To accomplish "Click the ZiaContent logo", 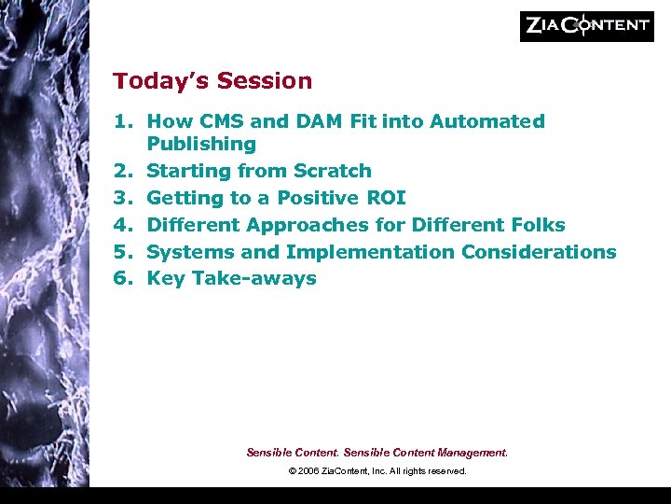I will [586, 26].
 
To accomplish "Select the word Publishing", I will [201, 144].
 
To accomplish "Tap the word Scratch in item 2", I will [333, 171].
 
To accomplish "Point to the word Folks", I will [535, 225].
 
